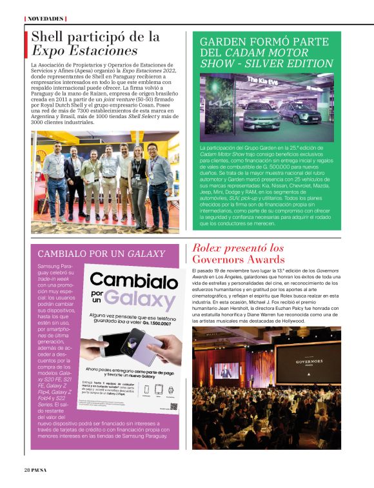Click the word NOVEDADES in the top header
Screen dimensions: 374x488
(x=45, y=19)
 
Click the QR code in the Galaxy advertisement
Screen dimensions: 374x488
(x=173, y=408)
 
